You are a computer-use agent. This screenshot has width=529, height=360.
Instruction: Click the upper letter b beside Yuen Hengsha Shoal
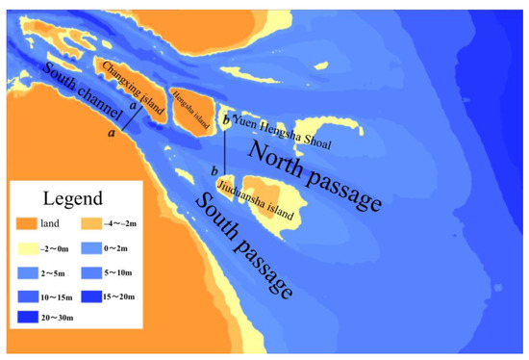[225, 120]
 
